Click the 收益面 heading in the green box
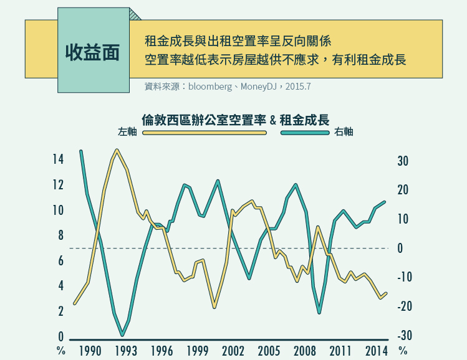point(92,52)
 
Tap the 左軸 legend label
point(127,132)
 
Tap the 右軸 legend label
point(344,132)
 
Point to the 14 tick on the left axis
point(58,159)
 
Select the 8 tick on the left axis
point(60,235)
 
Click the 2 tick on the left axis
point(60,311)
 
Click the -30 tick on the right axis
point(402,336)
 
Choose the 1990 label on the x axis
point(90,351)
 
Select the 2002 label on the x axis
point(233,351)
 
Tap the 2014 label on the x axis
point(377,351)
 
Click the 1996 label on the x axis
point(161,351)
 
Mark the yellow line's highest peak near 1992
point(117,150)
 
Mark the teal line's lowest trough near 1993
point(122,336)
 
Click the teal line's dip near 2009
point(319,313)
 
